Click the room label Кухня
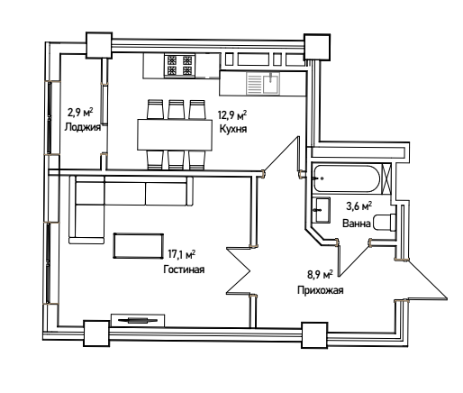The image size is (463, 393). pyautogui.click(x=233, y=129)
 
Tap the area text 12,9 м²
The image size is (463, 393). pyautogui.click(x=232, y=114)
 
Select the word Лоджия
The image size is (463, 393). pyautogui.click(x=83, y=127)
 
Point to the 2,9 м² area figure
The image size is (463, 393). pyautogui.click(x=80, y=113)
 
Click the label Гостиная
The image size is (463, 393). pyautogui.click(x=184, y=270)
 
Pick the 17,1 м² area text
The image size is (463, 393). pyautogui.click(x=182, y=254)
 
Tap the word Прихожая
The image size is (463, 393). pyautogui.click(x=321, y=290)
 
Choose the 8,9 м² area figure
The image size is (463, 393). pyautogui.click(x=320, y=275)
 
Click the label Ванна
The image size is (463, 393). pyautogui.click(x=357, y=224)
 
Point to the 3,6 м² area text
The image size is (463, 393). pyautogui.click(x=359, y=206)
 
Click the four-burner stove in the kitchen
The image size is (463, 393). pyautogui.click(x=179, y=66)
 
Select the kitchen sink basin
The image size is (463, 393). pyautogui.click(x=271, y=83)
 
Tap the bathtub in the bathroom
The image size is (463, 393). pyautogui.click(x=346, y=178)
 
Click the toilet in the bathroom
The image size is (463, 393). pyautogui.click(x=385, y=223)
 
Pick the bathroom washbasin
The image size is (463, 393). pyautogui.click(x=321, y=210)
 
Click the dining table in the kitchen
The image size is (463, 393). pyautogui.click(x=175, y=134)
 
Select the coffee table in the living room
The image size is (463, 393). pyautogui.click(x=139, y=246)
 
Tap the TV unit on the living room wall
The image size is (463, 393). pyautogui.click(x=138, y=320)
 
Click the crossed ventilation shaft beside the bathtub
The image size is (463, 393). pyautogui.click(x=386, y=178)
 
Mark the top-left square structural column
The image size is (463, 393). pyautogui.click(x=99, y=45)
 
